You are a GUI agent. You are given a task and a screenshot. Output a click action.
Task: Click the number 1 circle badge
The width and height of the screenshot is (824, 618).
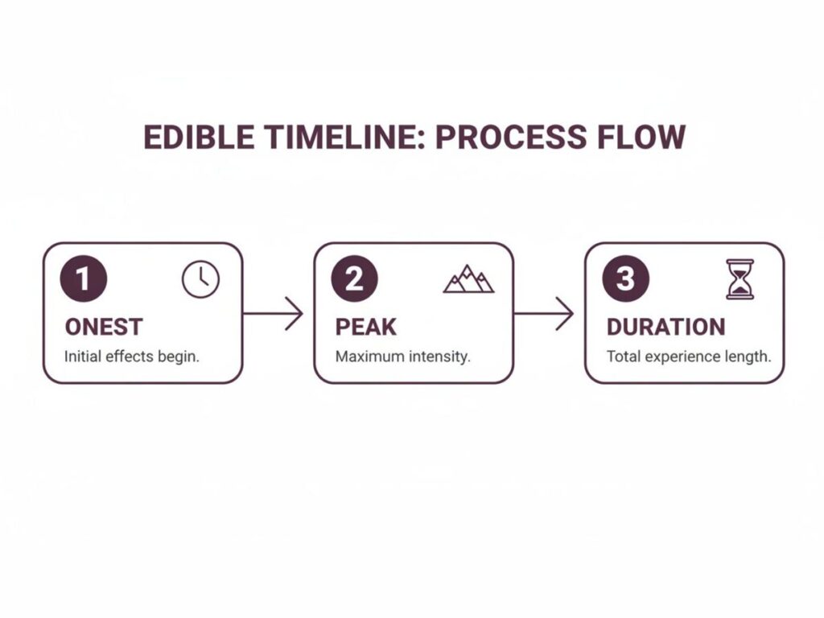pos(84,279)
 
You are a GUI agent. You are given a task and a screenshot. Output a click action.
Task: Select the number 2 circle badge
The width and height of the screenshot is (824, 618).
pos(355,279)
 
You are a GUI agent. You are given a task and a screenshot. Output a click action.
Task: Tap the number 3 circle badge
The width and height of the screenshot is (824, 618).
pos(625,279)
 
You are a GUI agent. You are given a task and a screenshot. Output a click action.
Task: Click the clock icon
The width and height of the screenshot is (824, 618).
pos(200,280)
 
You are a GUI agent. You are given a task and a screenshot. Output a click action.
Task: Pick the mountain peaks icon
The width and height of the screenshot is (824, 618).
pos(468,278)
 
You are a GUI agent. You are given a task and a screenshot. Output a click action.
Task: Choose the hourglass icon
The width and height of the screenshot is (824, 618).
pos(740,279)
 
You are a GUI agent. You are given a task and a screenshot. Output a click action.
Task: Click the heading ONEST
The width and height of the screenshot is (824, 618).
pos(103,327)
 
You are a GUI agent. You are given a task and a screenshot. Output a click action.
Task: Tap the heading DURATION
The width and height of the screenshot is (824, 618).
pos(665,327)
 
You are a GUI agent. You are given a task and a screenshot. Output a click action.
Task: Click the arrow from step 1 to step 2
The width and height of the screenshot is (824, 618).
pos(273,313)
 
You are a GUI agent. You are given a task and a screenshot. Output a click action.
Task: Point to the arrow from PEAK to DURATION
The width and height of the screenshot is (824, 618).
pos(544,313)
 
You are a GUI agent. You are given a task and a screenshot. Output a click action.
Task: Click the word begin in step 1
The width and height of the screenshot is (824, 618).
pos(181,356)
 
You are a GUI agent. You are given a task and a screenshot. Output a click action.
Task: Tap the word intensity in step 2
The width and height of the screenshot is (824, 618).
pos(439,356)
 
